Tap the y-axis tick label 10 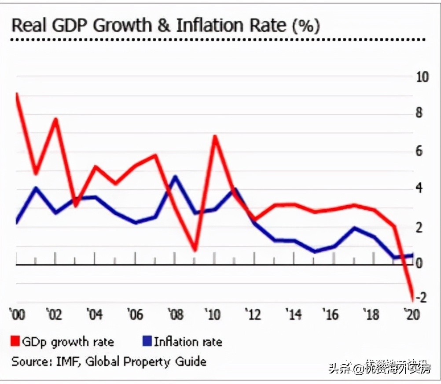click(x=422, y=77)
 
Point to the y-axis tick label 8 click(x=419, y=113)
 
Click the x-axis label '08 click(x=176, y=315)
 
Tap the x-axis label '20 click(x=412, y=315)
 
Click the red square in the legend click(x=15, y=341)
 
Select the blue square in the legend click(x=147, y=341)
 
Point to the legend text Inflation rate click(x=188, y=342)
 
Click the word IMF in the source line click(x=67, y=362)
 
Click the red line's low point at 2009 click(x=195, y=251)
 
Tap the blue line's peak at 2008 click(x=175, y=177)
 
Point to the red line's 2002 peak click(x=56, y=119)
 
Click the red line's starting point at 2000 click(x=17, y=94)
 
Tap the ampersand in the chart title click(x=163, y=26)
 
